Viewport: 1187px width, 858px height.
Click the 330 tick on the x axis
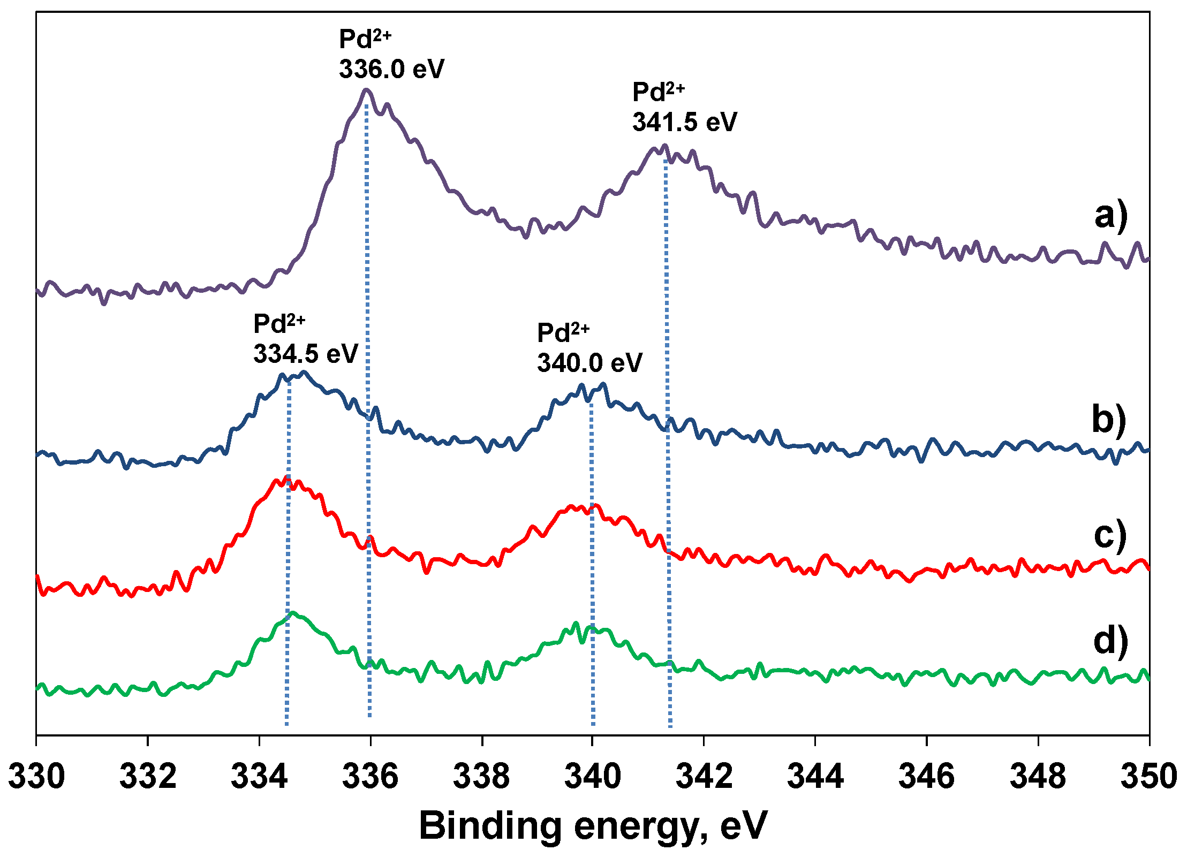(x=36, y=776)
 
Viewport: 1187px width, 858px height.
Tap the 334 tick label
(x=259, y=776)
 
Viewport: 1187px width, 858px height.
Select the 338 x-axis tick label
(x=482, y=776)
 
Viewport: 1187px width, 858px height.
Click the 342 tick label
(x=704, y=776)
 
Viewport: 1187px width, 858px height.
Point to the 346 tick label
(x=926, y=776)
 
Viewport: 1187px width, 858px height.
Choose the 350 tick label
(x=1148, y=776)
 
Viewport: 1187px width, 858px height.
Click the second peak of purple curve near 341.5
(x=664, y=146)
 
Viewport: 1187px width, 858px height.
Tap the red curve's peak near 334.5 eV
(x=287, y=477)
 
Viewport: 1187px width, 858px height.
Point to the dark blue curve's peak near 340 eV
(x=603, y=384)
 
